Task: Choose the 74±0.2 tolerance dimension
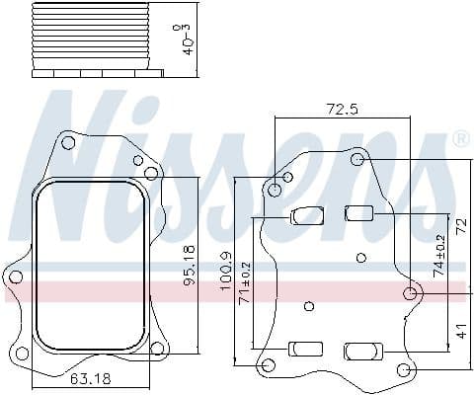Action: click(440, 253)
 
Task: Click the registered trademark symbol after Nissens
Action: click(459, 140)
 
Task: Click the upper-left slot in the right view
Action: click(306, 214)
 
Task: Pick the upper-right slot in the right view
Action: click(357, 211)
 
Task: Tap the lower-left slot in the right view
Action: click(305, 348)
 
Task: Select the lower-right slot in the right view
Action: click(361, 350)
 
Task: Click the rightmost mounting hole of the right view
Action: click(411, 293)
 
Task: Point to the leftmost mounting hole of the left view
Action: click(15, 277)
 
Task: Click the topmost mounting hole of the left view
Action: click(68, 143)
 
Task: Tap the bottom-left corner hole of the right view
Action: click(267, 367)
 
